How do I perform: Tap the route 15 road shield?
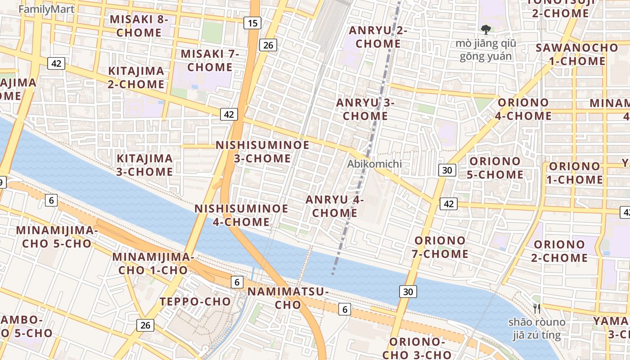(x=253, y=22)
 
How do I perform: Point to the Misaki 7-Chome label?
(x=210, y=60)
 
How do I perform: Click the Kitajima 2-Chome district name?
(x=136, y=77)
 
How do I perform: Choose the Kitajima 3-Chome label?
(x=144, y=165)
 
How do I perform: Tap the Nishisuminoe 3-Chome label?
(x=262, y=151)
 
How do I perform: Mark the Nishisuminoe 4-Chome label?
(x=241, y=215)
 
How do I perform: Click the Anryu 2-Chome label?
(x=378, y=37)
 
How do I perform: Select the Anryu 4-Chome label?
(x=334, y=206)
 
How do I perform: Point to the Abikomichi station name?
(x=374, y=164)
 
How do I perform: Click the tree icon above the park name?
(x=486, y=30)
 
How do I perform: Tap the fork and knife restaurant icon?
(x=536, y=308)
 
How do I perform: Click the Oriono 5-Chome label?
(x=495, y=167)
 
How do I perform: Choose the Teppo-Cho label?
(x=195, y=301)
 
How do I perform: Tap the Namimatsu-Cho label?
(x=288, y=298)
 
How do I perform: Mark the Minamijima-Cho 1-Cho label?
(x=153, y=263)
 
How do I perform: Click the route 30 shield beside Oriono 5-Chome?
(x=447, y=170)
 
